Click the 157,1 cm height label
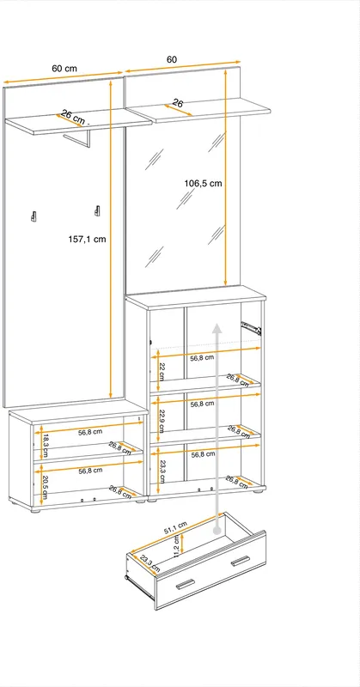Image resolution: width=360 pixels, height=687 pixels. [88, 240]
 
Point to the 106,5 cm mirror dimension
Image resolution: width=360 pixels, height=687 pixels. [203, 184]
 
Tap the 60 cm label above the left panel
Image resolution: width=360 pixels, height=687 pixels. [64, 69]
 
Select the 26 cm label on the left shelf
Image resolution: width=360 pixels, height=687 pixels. [73, 117]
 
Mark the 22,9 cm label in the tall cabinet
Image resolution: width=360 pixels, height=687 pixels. [161, 421]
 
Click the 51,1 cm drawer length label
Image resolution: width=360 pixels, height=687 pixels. [174, 528]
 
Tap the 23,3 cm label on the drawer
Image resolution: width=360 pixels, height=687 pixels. [150, 564]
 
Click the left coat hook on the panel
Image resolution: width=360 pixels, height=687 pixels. [34, 216]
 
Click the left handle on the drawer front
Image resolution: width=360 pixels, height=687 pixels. [185, 584]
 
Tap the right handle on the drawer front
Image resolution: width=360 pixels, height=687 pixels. [241, 561]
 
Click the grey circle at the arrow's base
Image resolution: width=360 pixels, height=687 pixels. [217, 530]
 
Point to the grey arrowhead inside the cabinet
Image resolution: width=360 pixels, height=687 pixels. [217, 328]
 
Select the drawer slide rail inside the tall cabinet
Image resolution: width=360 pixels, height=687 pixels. [251, 327]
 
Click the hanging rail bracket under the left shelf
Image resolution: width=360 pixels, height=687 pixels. [79, 137]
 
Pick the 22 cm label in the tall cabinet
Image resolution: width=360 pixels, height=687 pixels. [161, 372]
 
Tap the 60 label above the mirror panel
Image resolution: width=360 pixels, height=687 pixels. [172, 59]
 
